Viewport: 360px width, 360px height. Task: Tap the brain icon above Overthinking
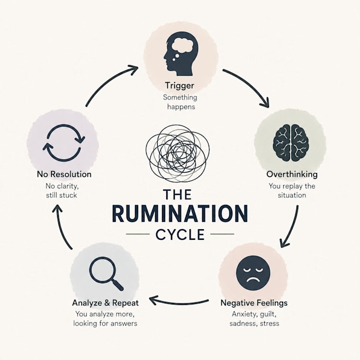(290, 142)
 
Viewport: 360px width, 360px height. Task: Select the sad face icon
(253, 273)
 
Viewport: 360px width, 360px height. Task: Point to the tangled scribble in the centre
(177, 153)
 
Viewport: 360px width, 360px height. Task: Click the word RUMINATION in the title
(180, 213)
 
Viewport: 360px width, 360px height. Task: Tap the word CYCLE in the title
(180, 235)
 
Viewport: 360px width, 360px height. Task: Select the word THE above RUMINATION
(177, 195)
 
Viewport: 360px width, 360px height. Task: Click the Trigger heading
(179, 86)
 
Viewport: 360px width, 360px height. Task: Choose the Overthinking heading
(292, 174)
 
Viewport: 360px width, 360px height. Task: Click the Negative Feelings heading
(254, 303)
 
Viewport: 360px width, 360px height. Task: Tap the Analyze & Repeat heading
(105, 303)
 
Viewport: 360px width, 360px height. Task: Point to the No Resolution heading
(64, 174)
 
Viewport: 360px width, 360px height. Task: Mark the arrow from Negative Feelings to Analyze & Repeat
(179, 303)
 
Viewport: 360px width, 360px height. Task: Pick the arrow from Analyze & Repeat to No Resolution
(60, 227)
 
